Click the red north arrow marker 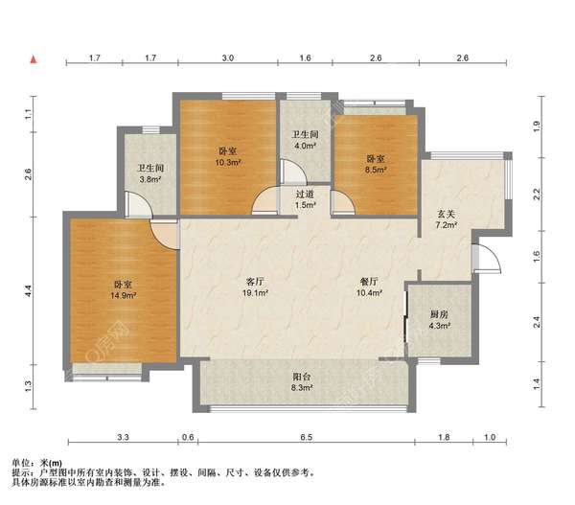tap(34, 59)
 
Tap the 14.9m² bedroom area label tap(123, 289)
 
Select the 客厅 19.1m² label tap(255, 287)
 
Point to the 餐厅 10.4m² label tap(369, 287)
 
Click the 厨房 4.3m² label tap(439, 320)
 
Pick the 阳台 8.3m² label tap(302, 381)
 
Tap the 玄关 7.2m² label tap(446, 218)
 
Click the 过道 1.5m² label tap(305, 199)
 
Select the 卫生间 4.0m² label tap(305, 140)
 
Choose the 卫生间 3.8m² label tap(150, 173)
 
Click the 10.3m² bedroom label tap(228, 156)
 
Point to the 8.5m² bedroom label tap(376, 164)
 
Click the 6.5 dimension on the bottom tap(307, 437)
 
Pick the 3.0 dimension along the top tap(228, 57)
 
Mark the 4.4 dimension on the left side tap(29, 290)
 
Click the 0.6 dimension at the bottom tap(188, 437)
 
